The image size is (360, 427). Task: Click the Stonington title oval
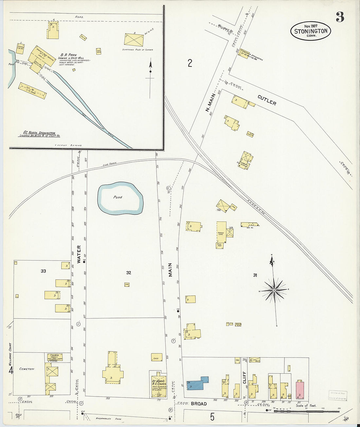(311, 31)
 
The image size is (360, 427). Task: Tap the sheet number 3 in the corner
(340, 17)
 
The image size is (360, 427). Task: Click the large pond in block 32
(120, 198)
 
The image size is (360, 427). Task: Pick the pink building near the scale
(300, 390)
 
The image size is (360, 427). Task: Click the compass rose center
(275, 290)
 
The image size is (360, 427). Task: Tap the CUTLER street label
(267, 100)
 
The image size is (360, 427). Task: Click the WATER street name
(79, 254)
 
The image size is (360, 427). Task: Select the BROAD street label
(199, 404)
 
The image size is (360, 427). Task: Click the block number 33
(44, 271)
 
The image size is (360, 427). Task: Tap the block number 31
(255, 275)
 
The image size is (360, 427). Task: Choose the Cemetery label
(27, 369)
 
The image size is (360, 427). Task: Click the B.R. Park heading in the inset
(68, 55)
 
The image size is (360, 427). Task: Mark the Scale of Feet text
(306, 406)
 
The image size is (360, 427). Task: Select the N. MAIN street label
(210, 103)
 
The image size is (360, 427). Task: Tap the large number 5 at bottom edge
(212, 417)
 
